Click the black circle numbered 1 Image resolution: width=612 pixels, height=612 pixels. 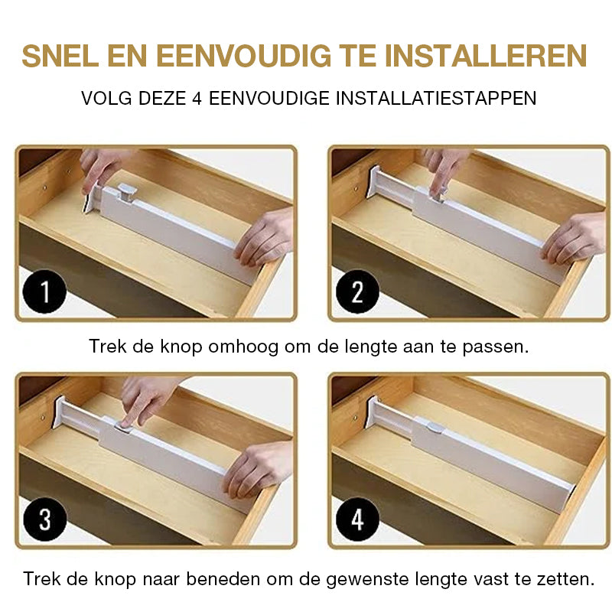(44, 292)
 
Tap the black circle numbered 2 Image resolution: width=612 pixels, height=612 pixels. (357, 292)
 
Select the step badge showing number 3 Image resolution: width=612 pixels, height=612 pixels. (44, 519)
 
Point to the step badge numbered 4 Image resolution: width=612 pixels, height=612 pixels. (357, 519)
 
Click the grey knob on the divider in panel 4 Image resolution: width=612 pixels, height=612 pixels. (435, 428)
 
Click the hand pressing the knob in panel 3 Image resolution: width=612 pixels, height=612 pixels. (145, 398)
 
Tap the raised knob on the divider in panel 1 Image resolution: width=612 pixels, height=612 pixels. (123, 196)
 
